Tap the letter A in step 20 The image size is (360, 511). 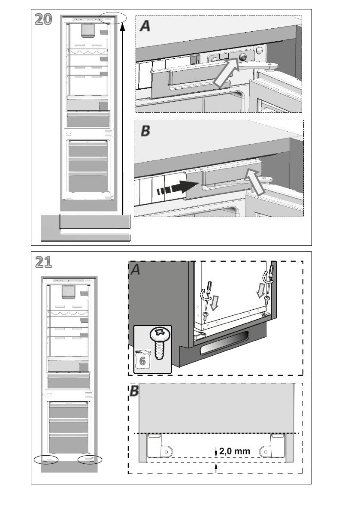click(x=145, y=26)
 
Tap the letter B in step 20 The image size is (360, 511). click(x=145, y=131)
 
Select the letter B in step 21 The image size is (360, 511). click(x=135, y=391)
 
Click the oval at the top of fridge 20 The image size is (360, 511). click(x=112, y=18)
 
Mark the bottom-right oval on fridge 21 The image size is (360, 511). click(x=90, y=460)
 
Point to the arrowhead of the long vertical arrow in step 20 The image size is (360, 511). click(x=123, y=27)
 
